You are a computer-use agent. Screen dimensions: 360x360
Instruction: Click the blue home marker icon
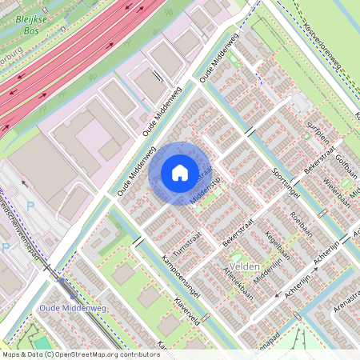point(179,173)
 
